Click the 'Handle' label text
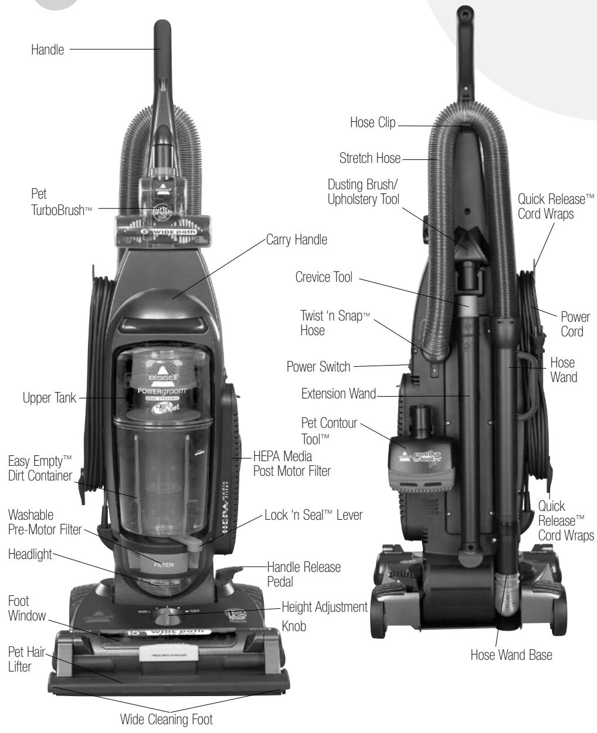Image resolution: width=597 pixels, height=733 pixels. [x=48, y=51]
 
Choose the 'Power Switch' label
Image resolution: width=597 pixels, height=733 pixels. [x=318, y=367]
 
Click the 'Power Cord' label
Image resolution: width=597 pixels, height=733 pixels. [x=575, y=324]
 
